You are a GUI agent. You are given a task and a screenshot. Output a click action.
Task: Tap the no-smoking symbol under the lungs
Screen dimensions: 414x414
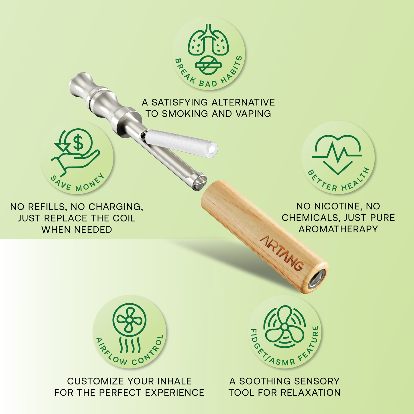208,65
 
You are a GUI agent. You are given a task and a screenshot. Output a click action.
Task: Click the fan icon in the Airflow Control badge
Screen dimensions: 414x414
129,320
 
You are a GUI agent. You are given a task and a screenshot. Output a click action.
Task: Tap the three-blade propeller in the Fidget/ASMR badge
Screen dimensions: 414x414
285,327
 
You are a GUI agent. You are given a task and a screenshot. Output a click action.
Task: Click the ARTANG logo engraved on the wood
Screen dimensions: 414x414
282,253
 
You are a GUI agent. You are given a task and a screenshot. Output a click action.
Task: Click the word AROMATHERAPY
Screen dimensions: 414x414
338,229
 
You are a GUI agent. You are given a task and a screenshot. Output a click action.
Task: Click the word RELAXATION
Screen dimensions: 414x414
311,393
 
